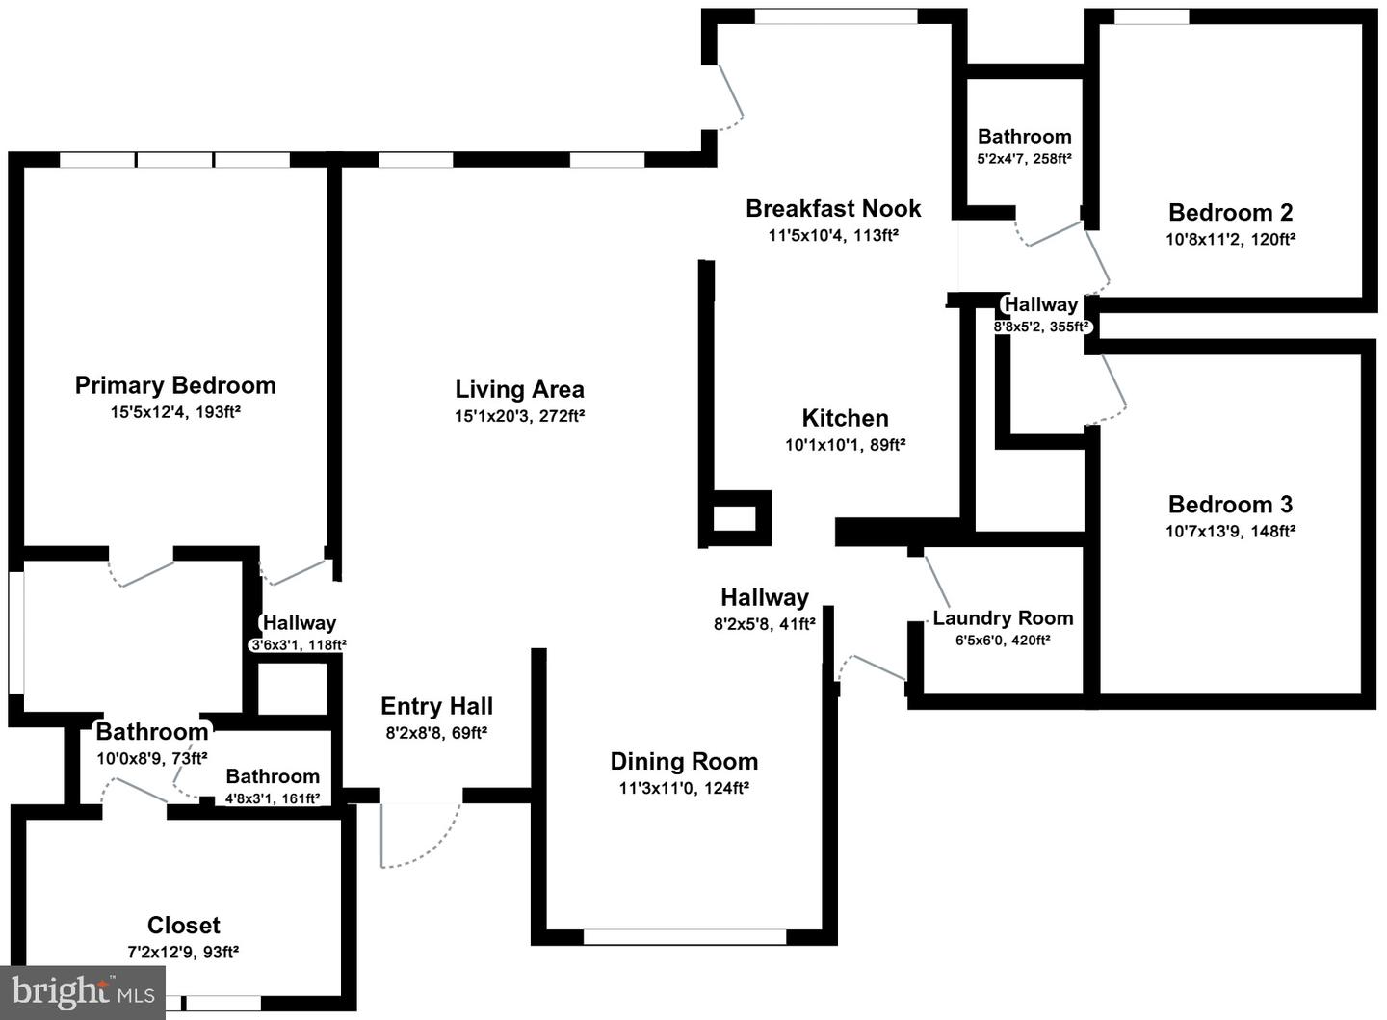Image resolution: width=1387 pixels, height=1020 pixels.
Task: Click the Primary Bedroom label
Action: pyautogui.click(x=175, y=385)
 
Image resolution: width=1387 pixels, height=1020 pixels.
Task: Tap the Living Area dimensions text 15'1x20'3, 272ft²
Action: pyautogui.click(x=519, y=415)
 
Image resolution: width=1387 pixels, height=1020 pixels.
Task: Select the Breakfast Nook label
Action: pyautogui.click(x=833, y=209)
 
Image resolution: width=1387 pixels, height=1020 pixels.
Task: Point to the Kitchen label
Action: pyautogui.click(x=846, y=418)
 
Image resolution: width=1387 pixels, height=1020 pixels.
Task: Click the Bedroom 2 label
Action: pyautogui.click(x=1230, y=213)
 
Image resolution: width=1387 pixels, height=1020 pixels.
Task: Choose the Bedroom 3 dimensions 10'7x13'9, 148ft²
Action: pyautogui.click(x=1230, y=531)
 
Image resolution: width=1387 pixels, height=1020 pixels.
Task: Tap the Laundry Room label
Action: pyautogui.click(x=1003, y=617)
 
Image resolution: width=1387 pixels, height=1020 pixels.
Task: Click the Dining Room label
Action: pyautogui.click(x=684, y=761)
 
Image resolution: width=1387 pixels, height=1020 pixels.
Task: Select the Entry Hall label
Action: pyautogui.click(x=436, y=706)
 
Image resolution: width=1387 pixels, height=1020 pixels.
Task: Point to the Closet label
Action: pyautogui.click(x=183, y=926)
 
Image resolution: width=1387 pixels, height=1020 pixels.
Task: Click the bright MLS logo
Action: pyautogui.click(x=83, y=993)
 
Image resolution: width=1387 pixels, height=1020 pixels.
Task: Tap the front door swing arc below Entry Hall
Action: pyautogui.click(x=433, y=848)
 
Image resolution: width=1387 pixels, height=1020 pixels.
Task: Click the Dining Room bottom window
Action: pyautogui.click(x=685, y=936)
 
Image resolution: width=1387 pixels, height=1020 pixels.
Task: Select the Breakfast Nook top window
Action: pyautogui.click(x=836, y=16)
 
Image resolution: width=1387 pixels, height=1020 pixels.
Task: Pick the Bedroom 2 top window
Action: pyautogui.click(x=1152, y=16)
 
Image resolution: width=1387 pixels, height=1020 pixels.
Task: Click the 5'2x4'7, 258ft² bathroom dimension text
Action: pyautogui.click(x=1024, y=159)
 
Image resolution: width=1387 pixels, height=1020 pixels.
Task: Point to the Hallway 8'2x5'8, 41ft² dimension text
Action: pyautogui.click(x=765, y=623)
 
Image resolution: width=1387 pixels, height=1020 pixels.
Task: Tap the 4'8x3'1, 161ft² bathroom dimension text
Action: pyautogui.click(x=273, y=798)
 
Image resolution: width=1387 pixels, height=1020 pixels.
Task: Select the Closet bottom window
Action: pyautogui.click(x=223, y=1003)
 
